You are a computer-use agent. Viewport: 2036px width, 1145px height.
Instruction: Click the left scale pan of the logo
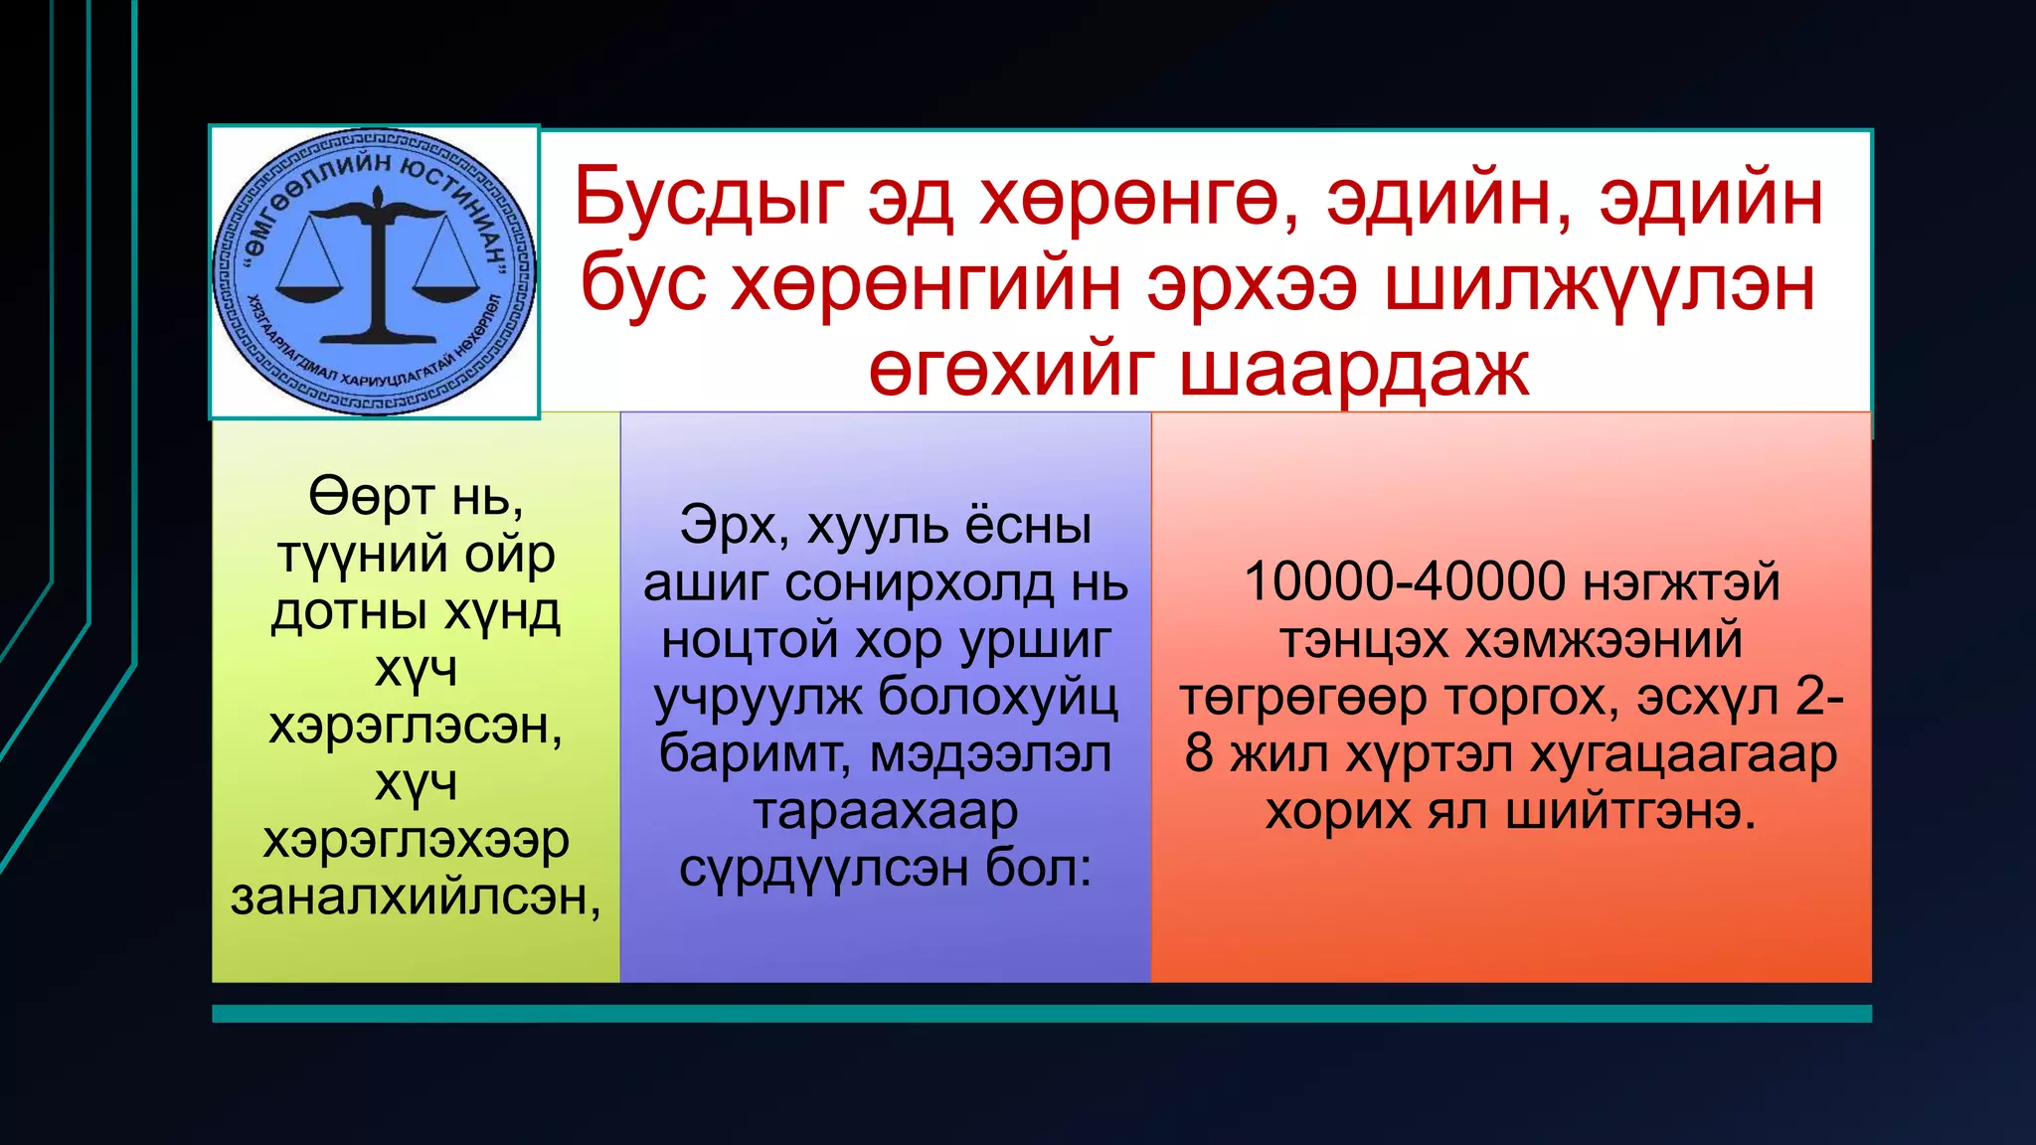(308, 291)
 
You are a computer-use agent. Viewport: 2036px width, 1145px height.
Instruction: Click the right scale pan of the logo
(440, 291)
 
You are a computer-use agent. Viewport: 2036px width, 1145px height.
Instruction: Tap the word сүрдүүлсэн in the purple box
(824, 868)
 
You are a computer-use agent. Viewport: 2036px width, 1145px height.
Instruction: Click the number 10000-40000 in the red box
(1404, 581)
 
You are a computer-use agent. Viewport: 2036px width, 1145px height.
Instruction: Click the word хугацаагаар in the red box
(1683, 753)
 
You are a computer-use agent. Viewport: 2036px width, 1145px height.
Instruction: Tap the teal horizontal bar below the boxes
(1041, 1013)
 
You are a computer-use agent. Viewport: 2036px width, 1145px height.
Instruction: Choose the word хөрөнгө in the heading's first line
(1136, 198)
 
